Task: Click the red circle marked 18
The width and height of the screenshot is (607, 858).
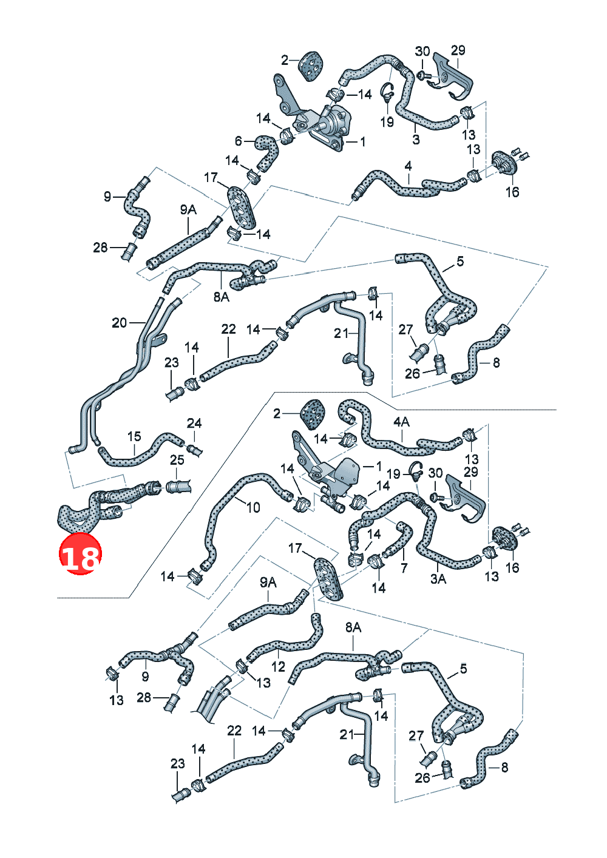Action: coord(80,553)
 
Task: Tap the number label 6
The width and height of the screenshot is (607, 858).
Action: coord(238,141)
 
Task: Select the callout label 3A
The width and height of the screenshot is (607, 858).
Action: coord(438,579)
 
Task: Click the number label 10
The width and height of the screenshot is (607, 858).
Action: coord(253,507)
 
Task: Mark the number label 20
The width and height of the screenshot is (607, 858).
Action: coord(119,323)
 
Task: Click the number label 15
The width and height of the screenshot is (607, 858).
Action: coord(134,436)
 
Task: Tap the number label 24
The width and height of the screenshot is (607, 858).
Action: coord(194,424)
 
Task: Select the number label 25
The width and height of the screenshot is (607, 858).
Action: coord(177,460)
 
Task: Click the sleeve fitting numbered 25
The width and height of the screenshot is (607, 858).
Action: coord(178,487)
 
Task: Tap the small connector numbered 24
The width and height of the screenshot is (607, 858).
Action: coord(195,450)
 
